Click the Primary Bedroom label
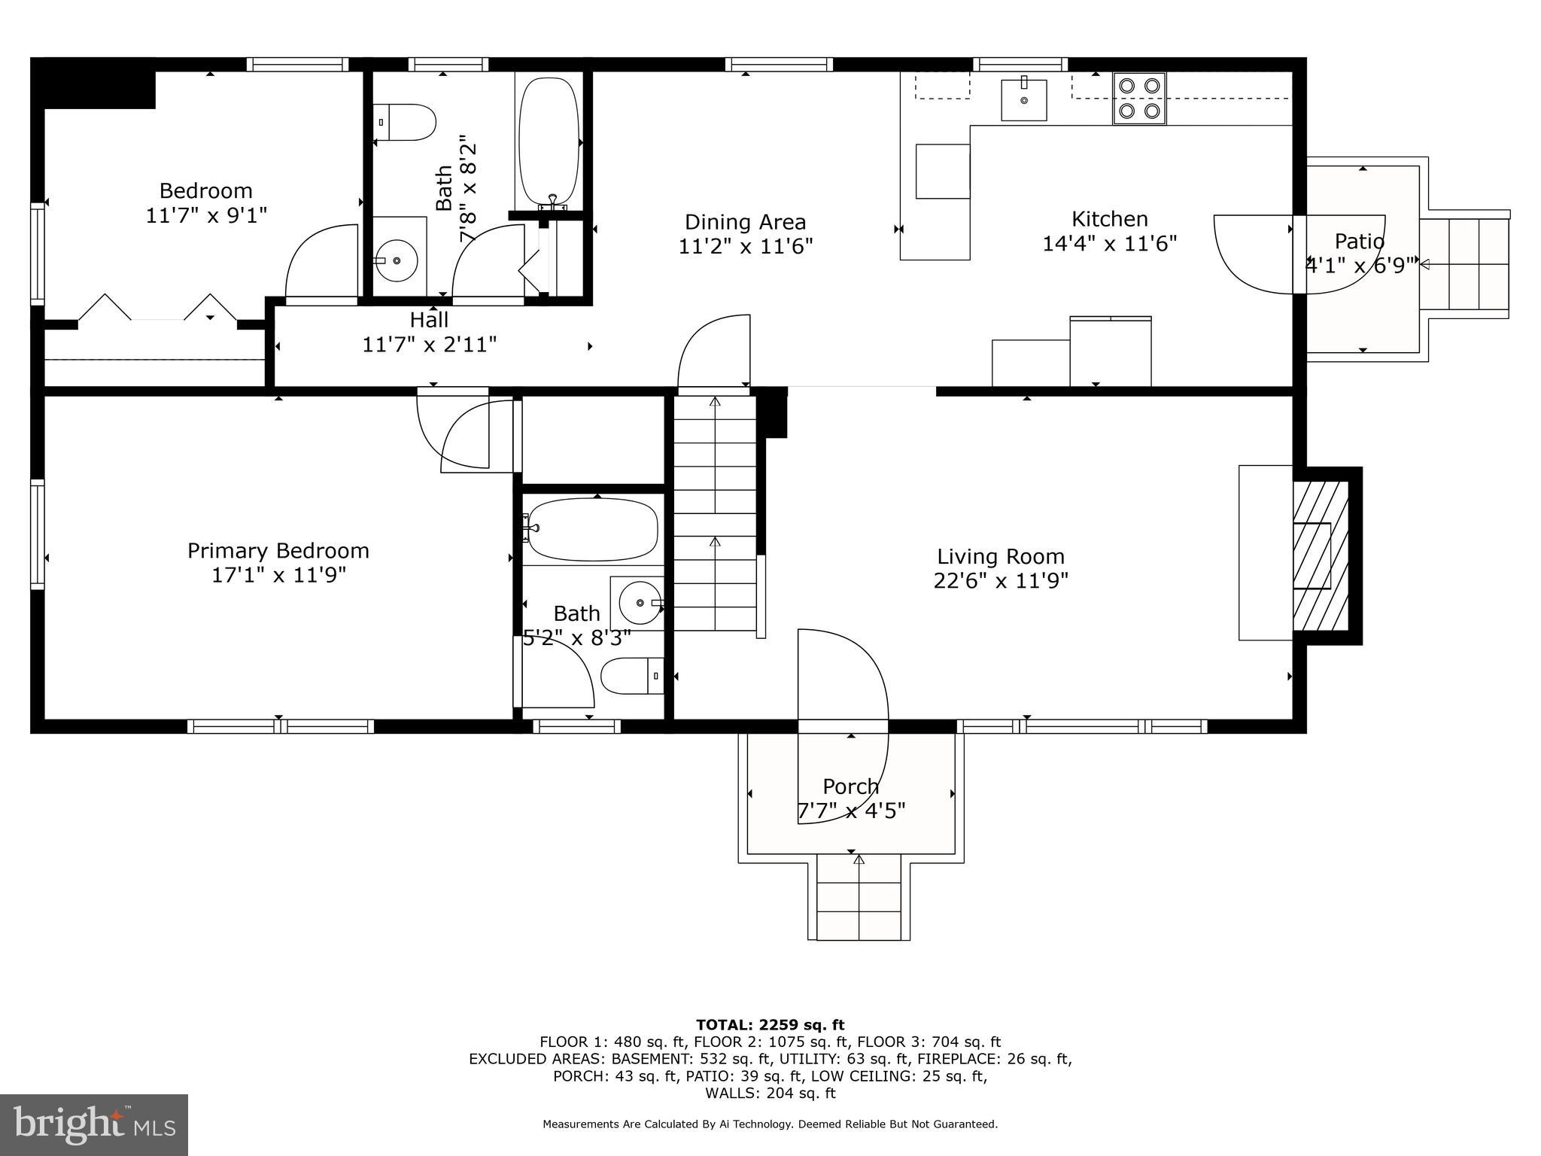click(x=278, y=551)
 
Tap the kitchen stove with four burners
click(x=1139, y=98)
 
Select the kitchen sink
click(x=1023, y=99)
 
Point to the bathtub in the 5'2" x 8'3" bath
click(x=592, y=530)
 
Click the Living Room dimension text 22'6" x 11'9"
click(x=1001, y=581)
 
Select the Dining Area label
click(x=745, y=222)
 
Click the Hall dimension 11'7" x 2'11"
click(x=429, y=345)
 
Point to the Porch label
click(x=850, y=786)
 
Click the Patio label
click(x=1359, y=242)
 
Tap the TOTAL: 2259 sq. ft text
click(x=770, y=1024)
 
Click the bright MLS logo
click(x=94, y=1124)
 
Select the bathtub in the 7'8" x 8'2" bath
click(x=549, y=141)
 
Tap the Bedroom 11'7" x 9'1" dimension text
click(x=205, y=215)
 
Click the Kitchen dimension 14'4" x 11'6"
click(x=1109, y=244)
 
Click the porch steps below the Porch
click(x=859, y=899)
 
